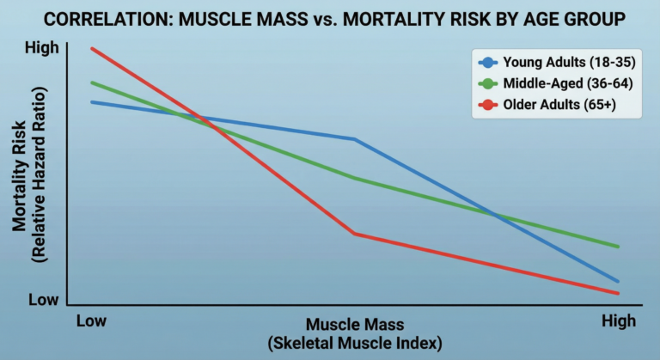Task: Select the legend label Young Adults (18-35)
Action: coord(559,62)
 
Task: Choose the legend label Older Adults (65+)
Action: coord(559,105)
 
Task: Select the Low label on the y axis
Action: coord(45,299)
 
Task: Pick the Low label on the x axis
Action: coord(91,321)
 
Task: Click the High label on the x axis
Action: coord(619,321)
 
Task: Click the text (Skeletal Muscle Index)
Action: coord(355,344)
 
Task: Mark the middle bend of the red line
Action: coord(355,234)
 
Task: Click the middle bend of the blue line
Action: coord(355,139)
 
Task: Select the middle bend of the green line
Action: coord(355,178)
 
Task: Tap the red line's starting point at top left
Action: coord(92,48)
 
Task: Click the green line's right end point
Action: coord(619,247)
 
